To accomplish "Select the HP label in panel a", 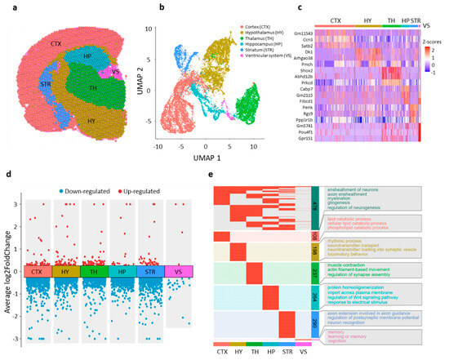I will coord(84,55).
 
